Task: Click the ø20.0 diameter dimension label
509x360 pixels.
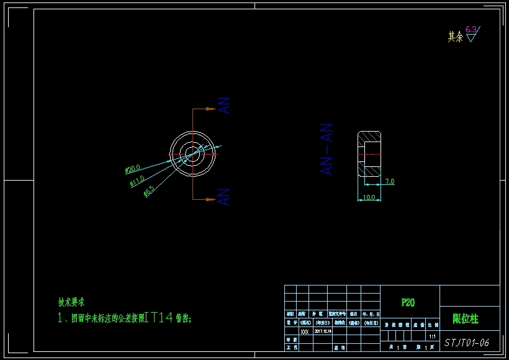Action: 133,168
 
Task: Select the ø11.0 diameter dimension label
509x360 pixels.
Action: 137,181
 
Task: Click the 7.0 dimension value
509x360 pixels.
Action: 389,181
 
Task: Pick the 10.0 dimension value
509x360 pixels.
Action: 369,197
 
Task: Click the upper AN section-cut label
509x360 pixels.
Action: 225,106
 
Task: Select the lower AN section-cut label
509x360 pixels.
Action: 225,197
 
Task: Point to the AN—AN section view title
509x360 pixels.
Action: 327,149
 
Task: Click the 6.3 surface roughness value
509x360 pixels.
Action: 471,29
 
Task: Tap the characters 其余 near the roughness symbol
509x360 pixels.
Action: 455,37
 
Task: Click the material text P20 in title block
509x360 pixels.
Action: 408,303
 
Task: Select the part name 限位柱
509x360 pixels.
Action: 466,319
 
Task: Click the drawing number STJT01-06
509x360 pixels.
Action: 467,342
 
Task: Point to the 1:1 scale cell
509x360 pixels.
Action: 432,336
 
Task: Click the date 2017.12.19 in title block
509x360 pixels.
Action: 323,331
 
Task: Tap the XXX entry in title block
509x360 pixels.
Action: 304,331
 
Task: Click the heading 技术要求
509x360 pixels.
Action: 71,302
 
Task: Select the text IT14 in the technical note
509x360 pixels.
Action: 158,318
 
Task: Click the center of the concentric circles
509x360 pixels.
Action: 192,153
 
